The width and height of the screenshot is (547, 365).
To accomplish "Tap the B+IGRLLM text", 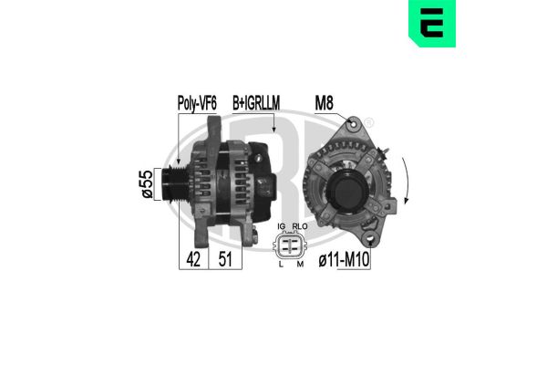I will (257, 104).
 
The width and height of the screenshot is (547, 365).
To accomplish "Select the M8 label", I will (325, 103).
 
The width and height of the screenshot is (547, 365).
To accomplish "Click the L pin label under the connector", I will (282, 266).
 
